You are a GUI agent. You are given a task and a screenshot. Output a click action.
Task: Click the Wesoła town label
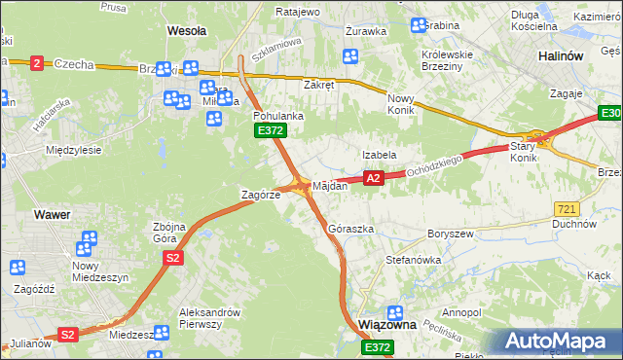click(187, 31)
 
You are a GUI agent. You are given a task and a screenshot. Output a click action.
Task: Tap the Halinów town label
click(560, 56)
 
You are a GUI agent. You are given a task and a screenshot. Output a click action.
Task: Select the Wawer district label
click(51, 212)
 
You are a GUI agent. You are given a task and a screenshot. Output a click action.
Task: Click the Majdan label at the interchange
click(330, 185)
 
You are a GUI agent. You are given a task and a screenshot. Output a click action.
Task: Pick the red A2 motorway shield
click(373, 178)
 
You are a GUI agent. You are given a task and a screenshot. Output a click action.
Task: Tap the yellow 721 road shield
click(568, 209)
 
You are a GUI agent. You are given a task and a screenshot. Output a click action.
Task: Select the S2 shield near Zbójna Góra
click(172, 258)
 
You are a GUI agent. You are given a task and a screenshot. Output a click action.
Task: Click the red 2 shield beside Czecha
click(37, 63)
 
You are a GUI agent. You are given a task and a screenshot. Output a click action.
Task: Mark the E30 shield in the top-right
click(609, 116)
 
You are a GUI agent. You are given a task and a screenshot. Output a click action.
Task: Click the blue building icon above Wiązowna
click(395, 312)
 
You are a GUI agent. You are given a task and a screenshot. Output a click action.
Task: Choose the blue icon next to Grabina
click(418, 25)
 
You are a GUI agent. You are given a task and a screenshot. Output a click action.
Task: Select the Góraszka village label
click(351, 230)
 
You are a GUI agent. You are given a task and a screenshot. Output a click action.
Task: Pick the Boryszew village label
click(450, 234)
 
